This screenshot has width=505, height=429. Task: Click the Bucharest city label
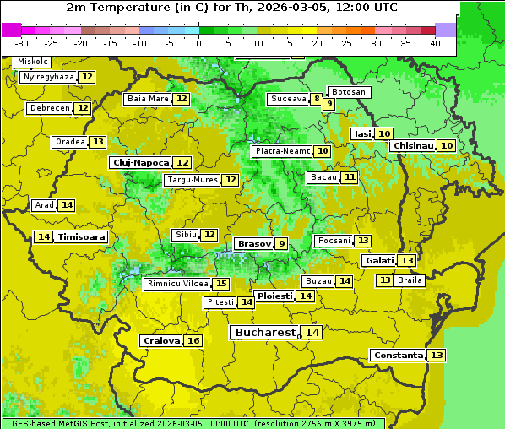[265, 333]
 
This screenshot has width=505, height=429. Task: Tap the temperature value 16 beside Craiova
[193, 341]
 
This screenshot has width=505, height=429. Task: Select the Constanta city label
[397, 356]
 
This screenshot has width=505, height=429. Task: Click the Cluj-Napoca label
[140, 162]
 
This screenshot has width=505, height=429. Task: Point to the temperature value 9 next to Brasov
[281, 243]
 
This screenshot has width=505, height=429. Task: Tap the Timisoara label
[82, 237]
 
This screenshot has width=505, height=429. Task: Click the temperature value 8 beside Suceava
[317, 99]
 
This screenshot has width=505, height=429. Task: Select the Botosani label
[349, 91]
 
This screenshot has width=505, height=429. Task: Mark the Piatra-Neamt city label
[281, 151]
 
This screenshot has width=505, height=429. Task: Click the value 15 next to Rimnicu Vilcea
[221, 284]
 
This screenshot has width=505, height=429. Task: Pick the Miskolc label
[33, 62]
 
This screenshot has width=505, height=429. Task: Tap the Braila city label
[410, 280]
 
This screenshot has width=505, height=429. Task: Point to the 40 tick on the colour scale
[434, 42]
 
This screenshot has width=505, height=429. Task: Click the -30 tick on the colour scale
[22, 42]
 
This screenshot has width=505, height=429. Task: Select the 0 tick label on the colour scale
[198, 42]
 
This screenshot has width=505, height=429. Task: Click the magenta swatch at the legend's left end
[11, 29]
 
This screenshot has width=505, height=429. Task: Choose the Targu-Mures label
[192, 180]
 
